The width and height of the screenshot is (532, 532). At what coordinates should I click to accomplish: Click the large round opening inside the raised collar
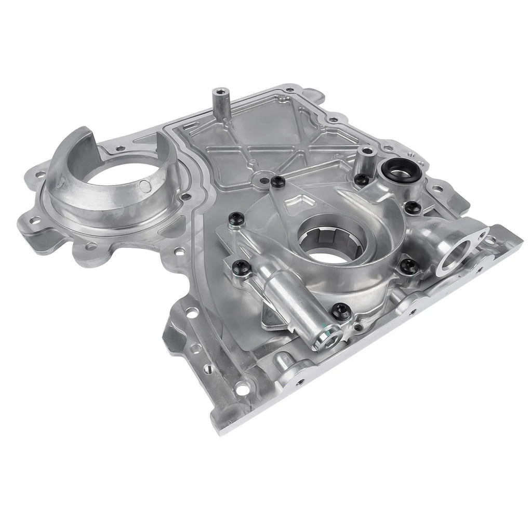tap(116, 182)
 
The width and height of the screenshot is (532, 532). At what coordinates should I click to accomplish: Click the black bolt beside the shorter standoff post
tap(362, 180)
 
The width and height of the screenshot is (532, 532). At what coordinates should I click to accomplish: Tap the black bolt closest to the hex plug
tap(340, 311)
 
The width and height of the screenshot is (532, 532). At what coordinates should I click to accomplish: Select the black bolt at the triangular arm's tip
tap(277, 182)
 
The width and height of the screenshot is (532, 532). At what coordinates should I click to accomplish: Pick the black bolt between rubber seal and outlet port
tap(414, 207)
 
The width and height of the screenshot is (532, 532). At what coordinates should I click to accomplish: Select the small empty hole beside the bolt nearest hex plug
tap(358, 327)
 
